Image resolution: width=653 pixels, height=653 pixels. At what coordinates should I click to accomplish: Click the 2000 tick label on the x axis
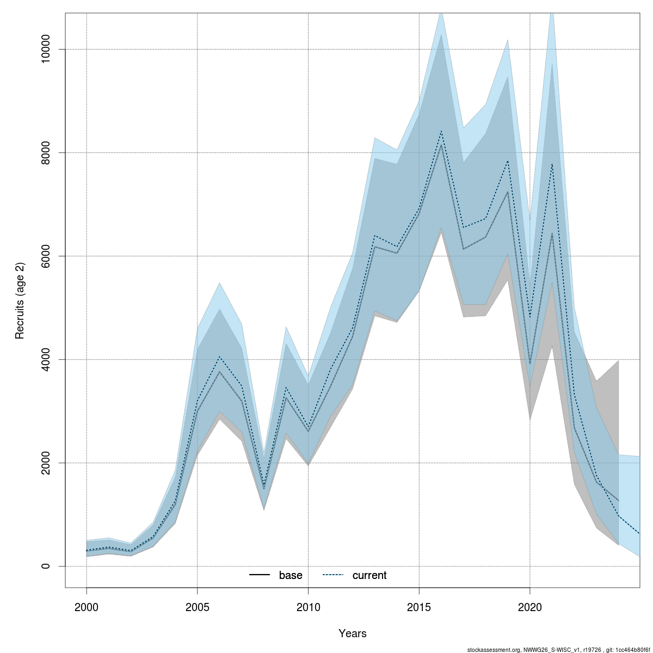pyautogui.click(x=87, y=607)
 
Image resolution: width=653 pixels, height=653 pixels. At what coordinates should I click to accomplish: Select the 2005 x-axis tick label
pyautogui.click(x=198, y=607)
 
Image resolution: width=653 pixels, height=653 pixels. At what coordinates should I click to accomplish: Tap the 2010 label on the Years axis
pyautogui.click(x=308, y=607)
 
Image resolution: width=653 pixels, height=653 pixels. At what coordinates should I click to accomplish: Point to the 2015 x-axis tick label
pyautogui.click(x=419, y=607)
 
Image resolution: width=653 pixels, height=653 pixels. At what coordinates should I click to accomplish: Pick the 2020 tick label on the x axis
pyautogui.click(x=530, y=607)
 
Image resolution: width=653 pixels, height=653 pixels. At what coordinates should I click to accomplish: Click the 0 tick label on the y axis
pyautogui.click(x=46, y=566)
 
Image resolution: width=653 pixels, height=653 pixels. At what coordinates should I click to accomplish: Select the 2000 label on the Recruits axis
pyautogui.click(x=46, y=463)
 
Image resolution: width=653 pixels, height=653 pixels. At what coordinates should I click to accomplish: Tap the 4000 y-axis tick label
pyautogui.click(x=46, y=359)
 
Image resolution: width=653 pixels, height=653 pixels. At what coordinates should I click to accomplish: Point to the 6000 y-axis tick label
pyautogui.click(x=46, y=256)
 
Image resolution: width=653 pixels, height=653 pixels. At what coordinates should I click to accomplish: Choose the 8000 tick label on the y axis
pyautogui.click(x=46, y=152)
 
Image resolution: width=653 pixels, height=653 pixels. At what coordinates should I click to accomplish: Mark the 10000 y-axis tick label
pyautogui.click(x=46, y=49)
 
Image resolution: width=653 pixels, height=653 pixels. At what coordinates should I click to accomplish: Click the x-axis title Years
pyautogui.click(x=353, y=633)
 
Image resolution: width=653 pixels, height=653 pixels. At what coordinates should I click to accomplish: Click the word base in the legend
pyautogui.click(x=291, y=575)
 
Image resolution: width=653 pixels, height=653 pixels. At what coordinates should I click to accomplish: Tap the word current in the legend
pyautogui.click(x=369, y=575)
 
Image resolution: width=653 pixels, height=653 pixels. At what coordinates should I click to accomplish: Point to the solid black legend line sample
pyautogui.click(x=260, y=575)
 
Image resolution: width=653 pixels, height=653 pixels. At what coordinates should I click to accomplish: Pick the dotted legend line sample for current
pyautogui.click(x=333, y=575)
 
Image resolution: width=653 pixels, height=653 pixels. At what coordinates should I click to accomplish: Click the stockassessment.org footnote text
pyautogui.click(x=558, y=649)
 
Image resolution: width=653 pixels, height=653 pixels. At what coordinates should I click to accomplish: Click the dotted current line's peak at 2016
pyautogui.click(x=441, y=131)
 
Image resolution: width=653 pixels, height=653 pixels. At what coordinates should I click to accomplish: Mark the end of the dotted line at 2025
pyautogui.click(x=640, y=534)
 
